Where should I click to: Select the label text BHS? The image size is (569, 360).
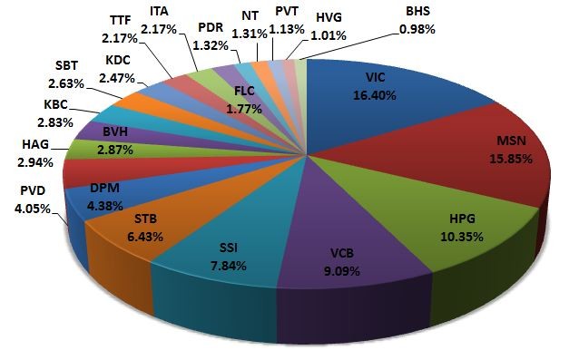coord(422,13)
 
